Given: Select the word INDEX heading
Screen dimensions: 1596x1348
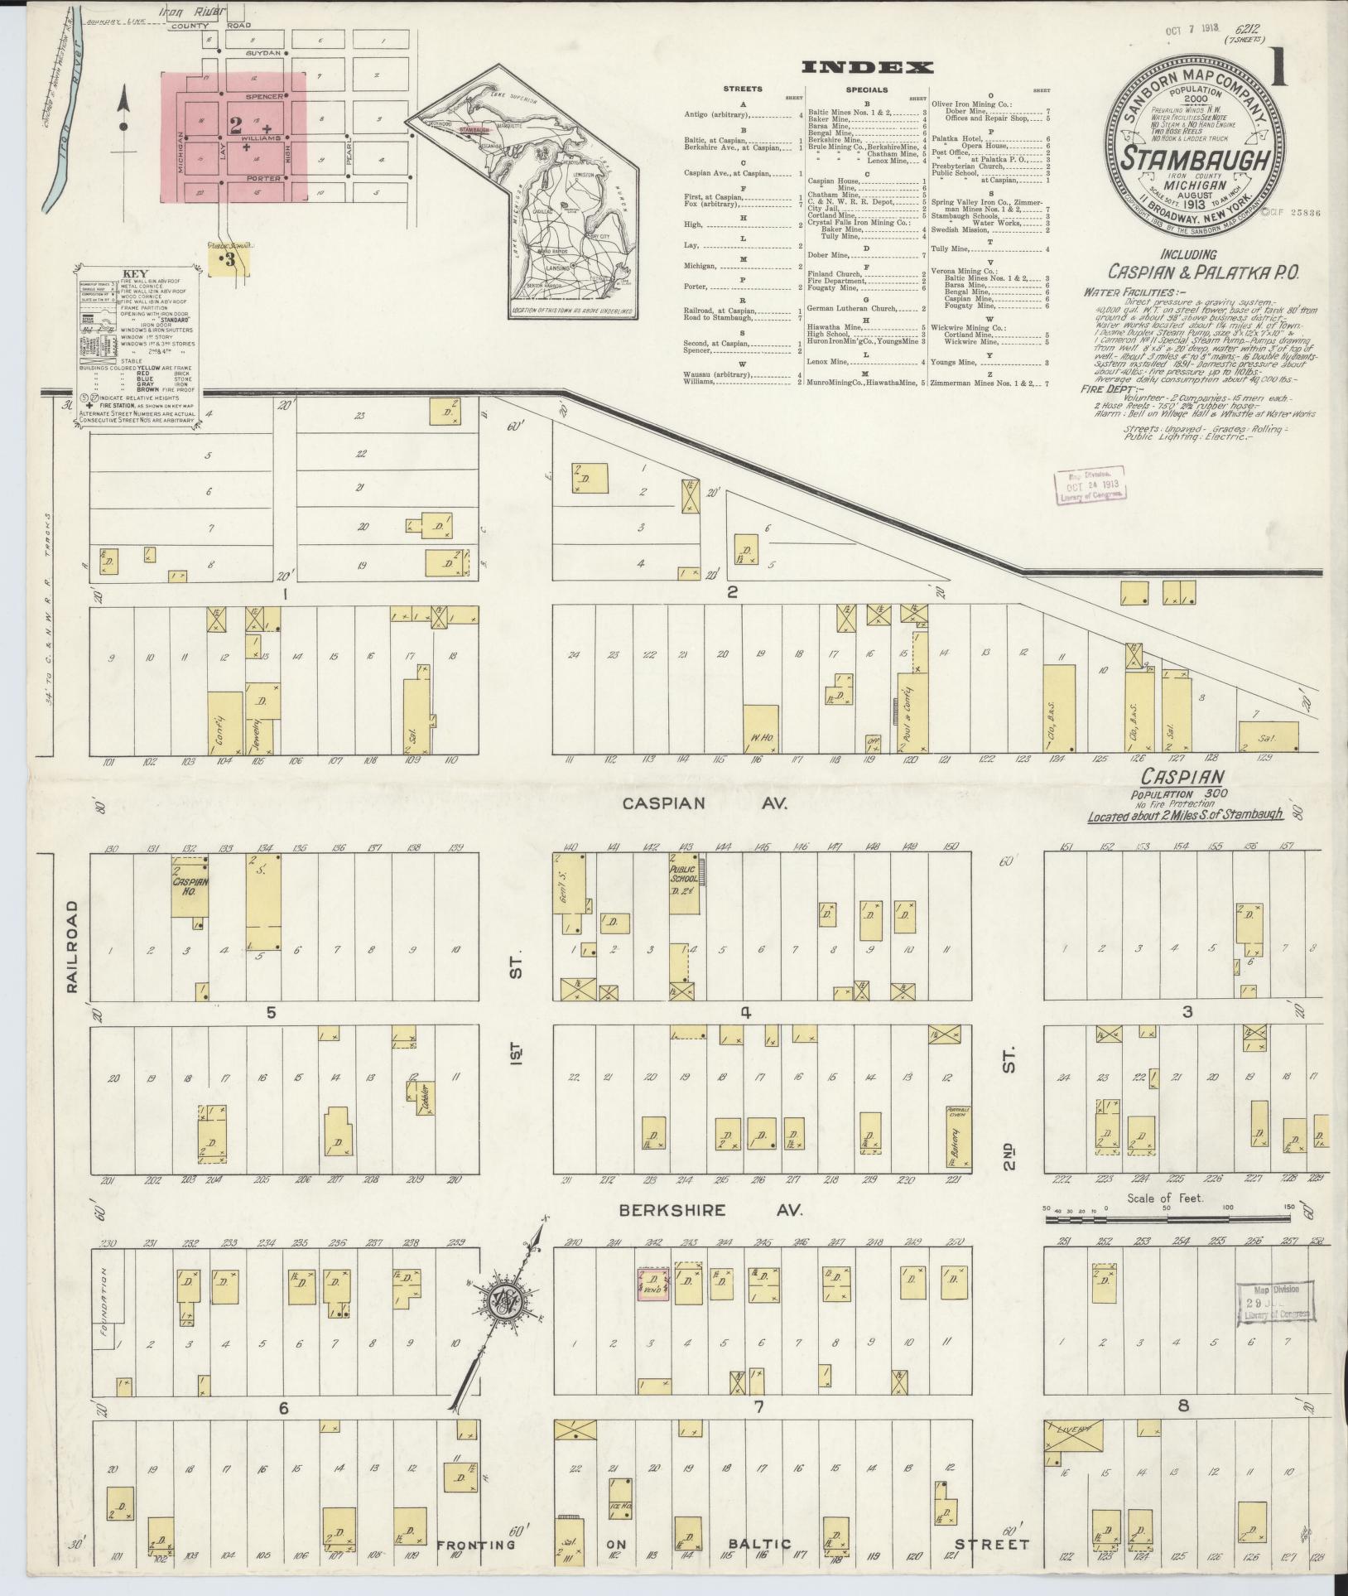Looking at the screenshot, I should click(x=867, y=68).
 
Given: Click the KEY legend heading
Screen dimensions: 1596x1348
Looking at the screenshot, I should click(x=133, y=273).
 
